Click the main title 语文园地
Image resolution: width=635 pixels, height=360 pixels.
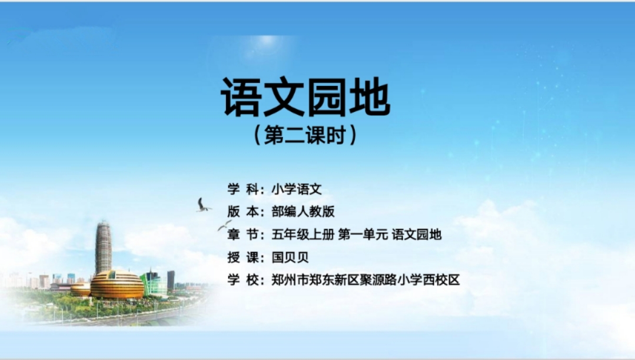(x=306, y=97)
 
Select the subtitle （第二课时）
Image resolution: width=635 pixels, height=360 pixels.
(x=306, y=135)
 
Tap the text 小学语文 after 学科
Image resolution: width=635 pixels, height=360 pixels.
(x=297, y=189)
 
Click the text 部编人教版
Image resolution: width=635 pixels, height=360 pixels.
(x=303, y=211)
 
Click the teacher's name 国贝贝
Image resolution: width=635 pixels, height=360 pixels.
(x=290, y=257)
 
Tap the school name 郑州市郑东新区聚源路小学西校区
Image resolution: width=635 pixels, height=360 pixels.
(x=365, y=280)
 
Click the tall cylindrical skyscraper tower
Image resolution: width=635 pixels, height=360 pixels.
(x=103, y=247)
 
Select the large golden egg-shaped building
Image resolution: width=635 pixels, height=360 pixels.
(x=117, y=284)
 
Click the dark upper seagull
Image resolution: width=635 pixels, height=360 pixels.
(x=202, y=205)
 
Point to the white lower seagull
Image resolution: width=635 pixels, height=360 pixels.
(x=224, y=225)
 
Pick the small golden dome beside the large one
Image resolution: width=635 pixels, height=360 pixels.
(x=81, y=289)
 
